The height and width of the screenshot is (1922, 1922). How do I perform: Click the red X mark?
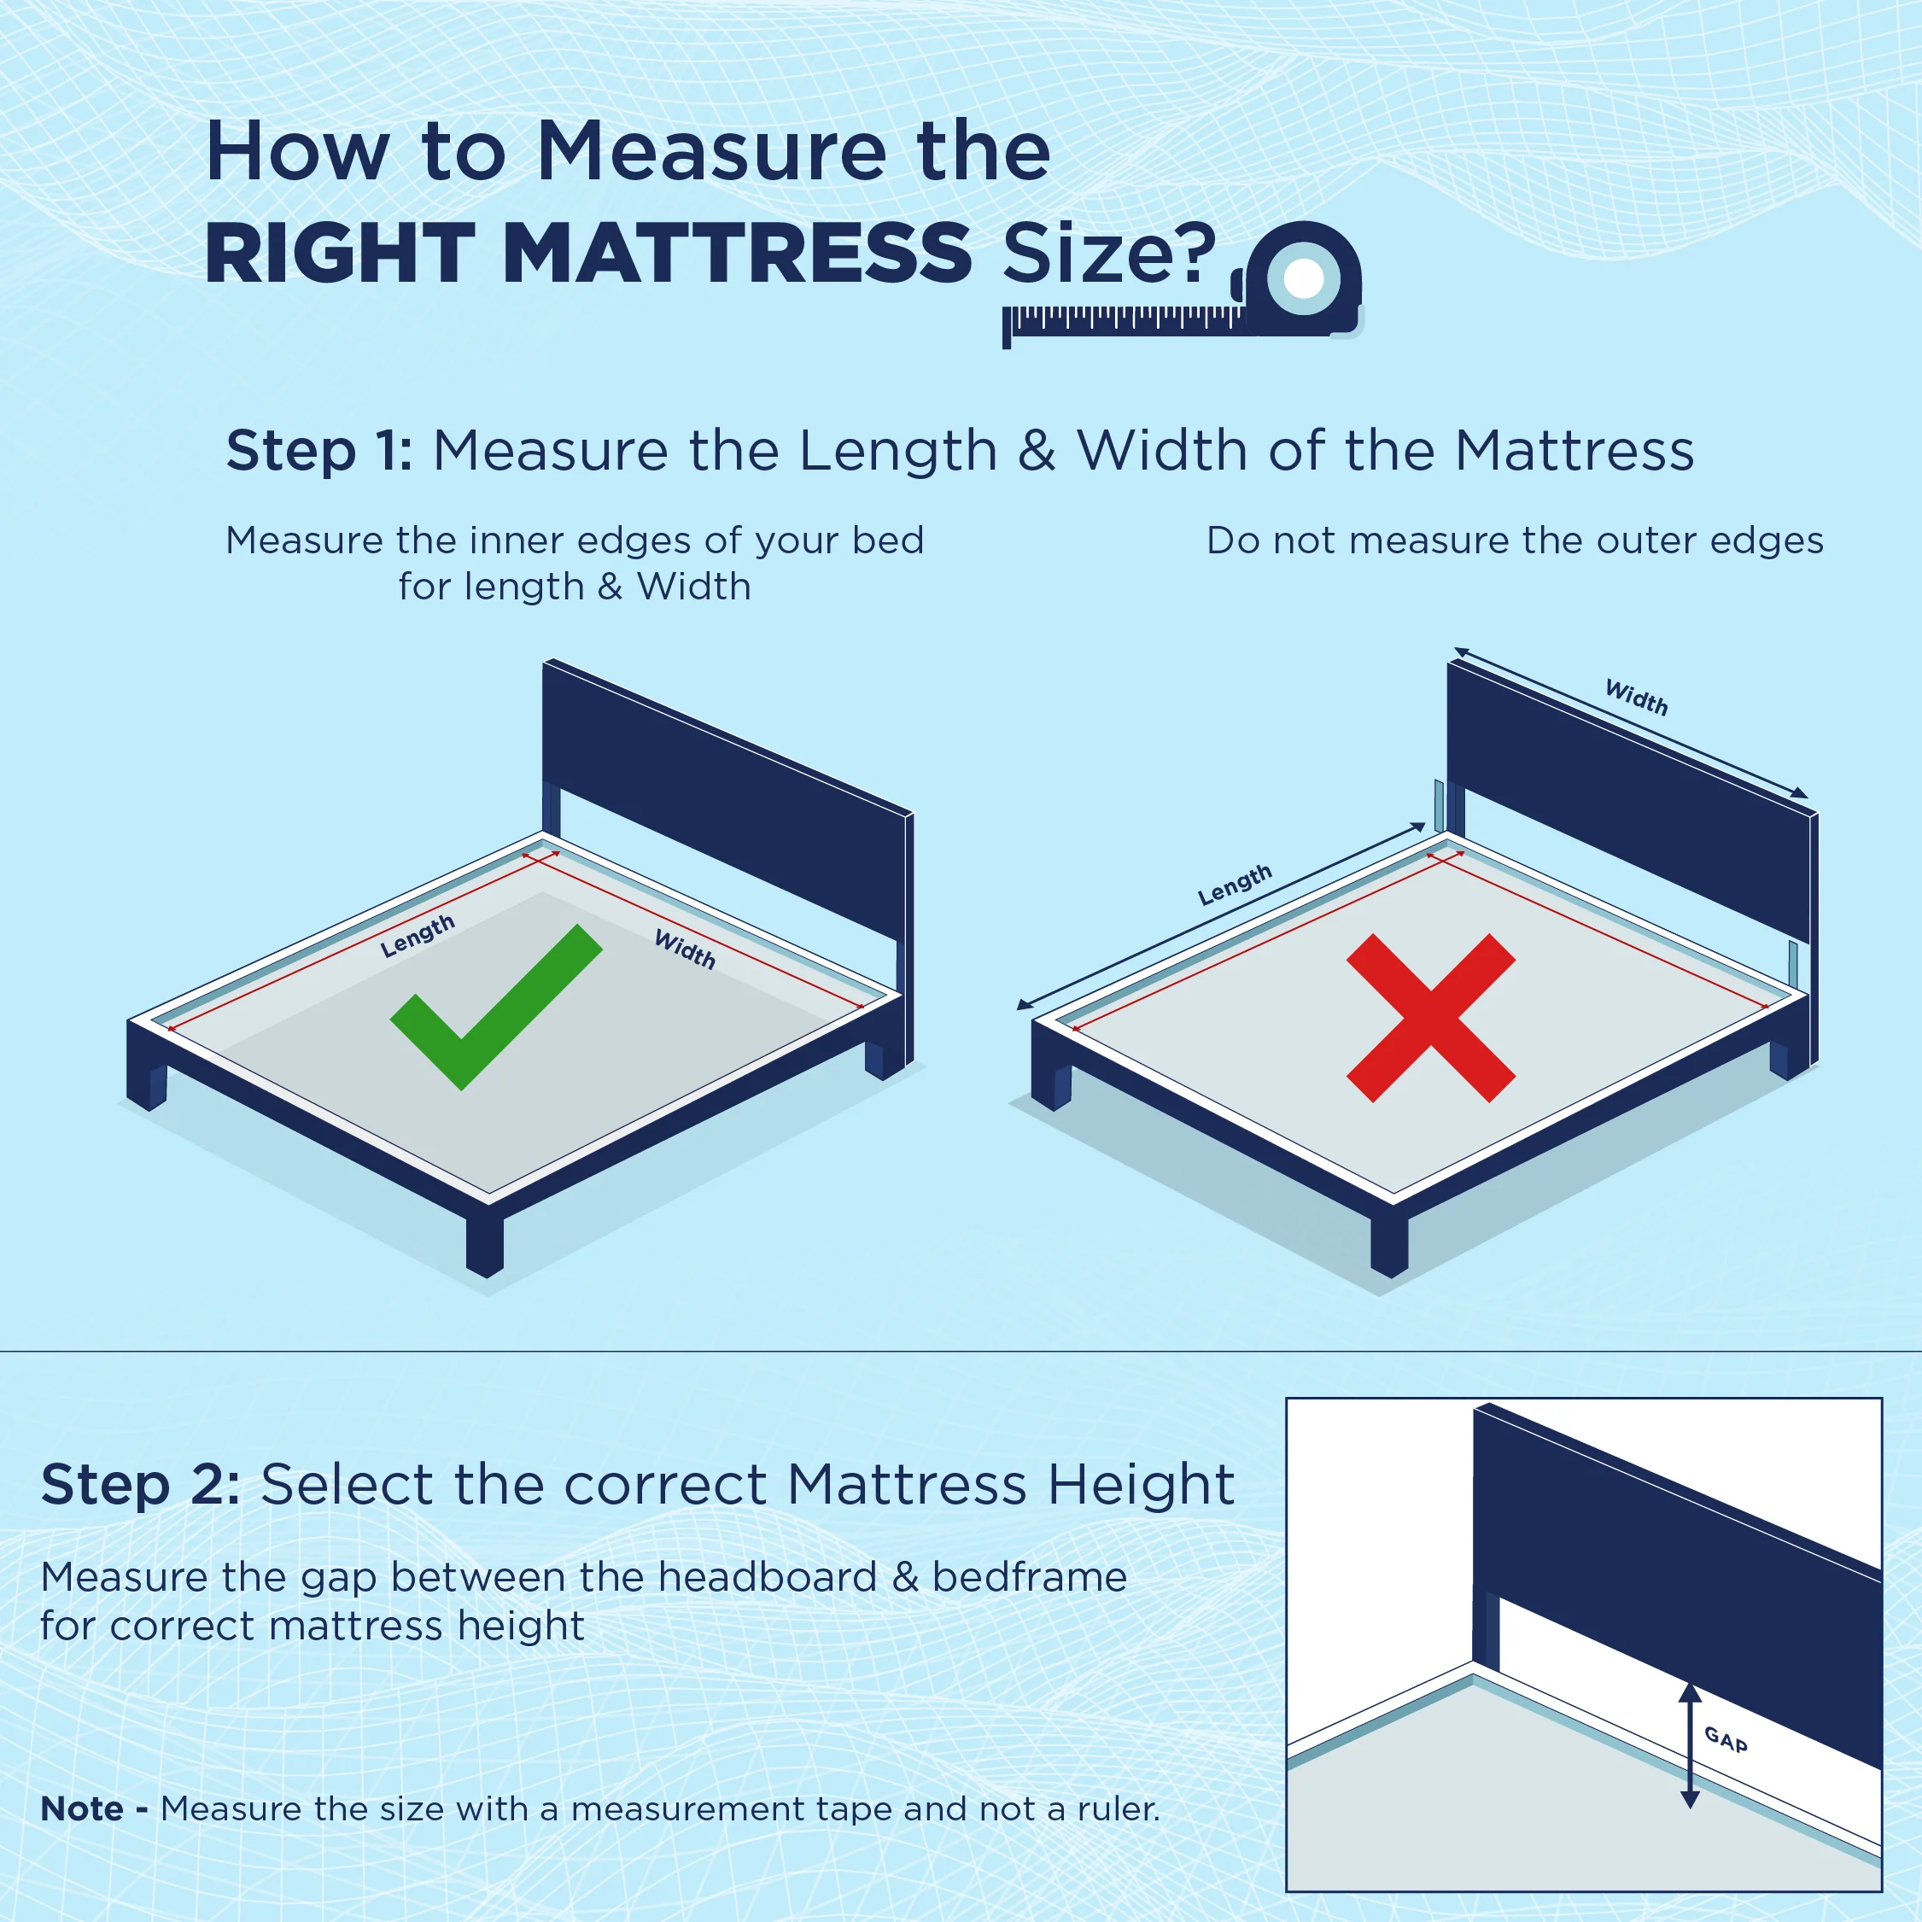tap(1430, 1018)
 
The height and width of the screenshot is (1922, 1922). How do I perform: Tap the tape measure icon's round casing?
tap(1302, 277)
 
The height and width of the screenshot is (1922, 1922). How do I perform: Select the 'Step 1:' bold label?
tap(319, 451)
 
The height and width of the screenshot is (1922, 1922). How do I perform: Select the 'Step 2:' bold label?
tap(140, 1486)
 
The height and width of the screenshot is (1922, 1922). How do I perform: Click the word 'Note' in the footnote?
tap(83, 1808)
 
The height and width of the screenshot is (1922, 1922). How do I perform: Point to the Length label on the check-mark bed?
tap(418, 936)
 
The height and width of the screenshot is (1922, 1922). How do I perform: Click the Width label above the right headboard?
tap(1637, 697)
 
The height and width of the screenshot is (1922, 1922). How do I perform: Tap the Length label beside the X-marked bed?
tap(1235, 885)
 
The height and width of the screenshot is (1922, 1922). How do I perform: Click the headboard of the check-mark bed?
tap(727, 796)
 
